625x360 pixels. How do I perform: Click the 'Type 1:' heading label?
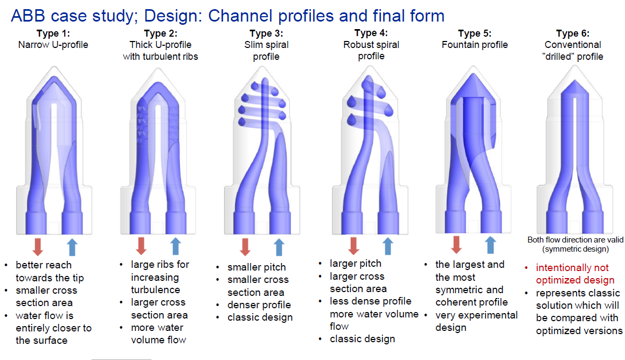53,33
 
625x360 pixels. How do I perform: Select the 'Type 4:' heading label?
371,33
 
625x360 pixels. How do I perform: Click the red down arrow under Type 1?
38,246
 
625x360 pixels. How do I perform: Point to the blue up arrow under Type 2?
175,246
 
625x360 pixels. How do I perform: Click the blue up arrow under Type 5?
490,244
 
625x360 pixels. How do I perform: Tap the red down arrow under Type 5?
456,244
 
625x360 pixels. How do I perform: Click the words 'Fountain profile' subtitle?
475,45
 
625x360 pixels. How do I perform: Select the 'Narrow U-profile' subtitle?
53,45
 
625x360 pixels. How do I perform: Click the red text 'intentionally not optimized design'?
572,274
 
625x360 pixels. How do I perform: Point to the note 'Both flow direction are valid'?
574,240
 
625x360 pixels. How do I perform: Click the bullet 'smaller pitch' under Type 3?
256,267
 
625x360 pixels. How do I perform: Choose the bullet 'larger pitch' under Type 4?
356,264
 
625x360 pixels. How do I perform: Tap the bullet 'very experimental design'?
476,321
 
